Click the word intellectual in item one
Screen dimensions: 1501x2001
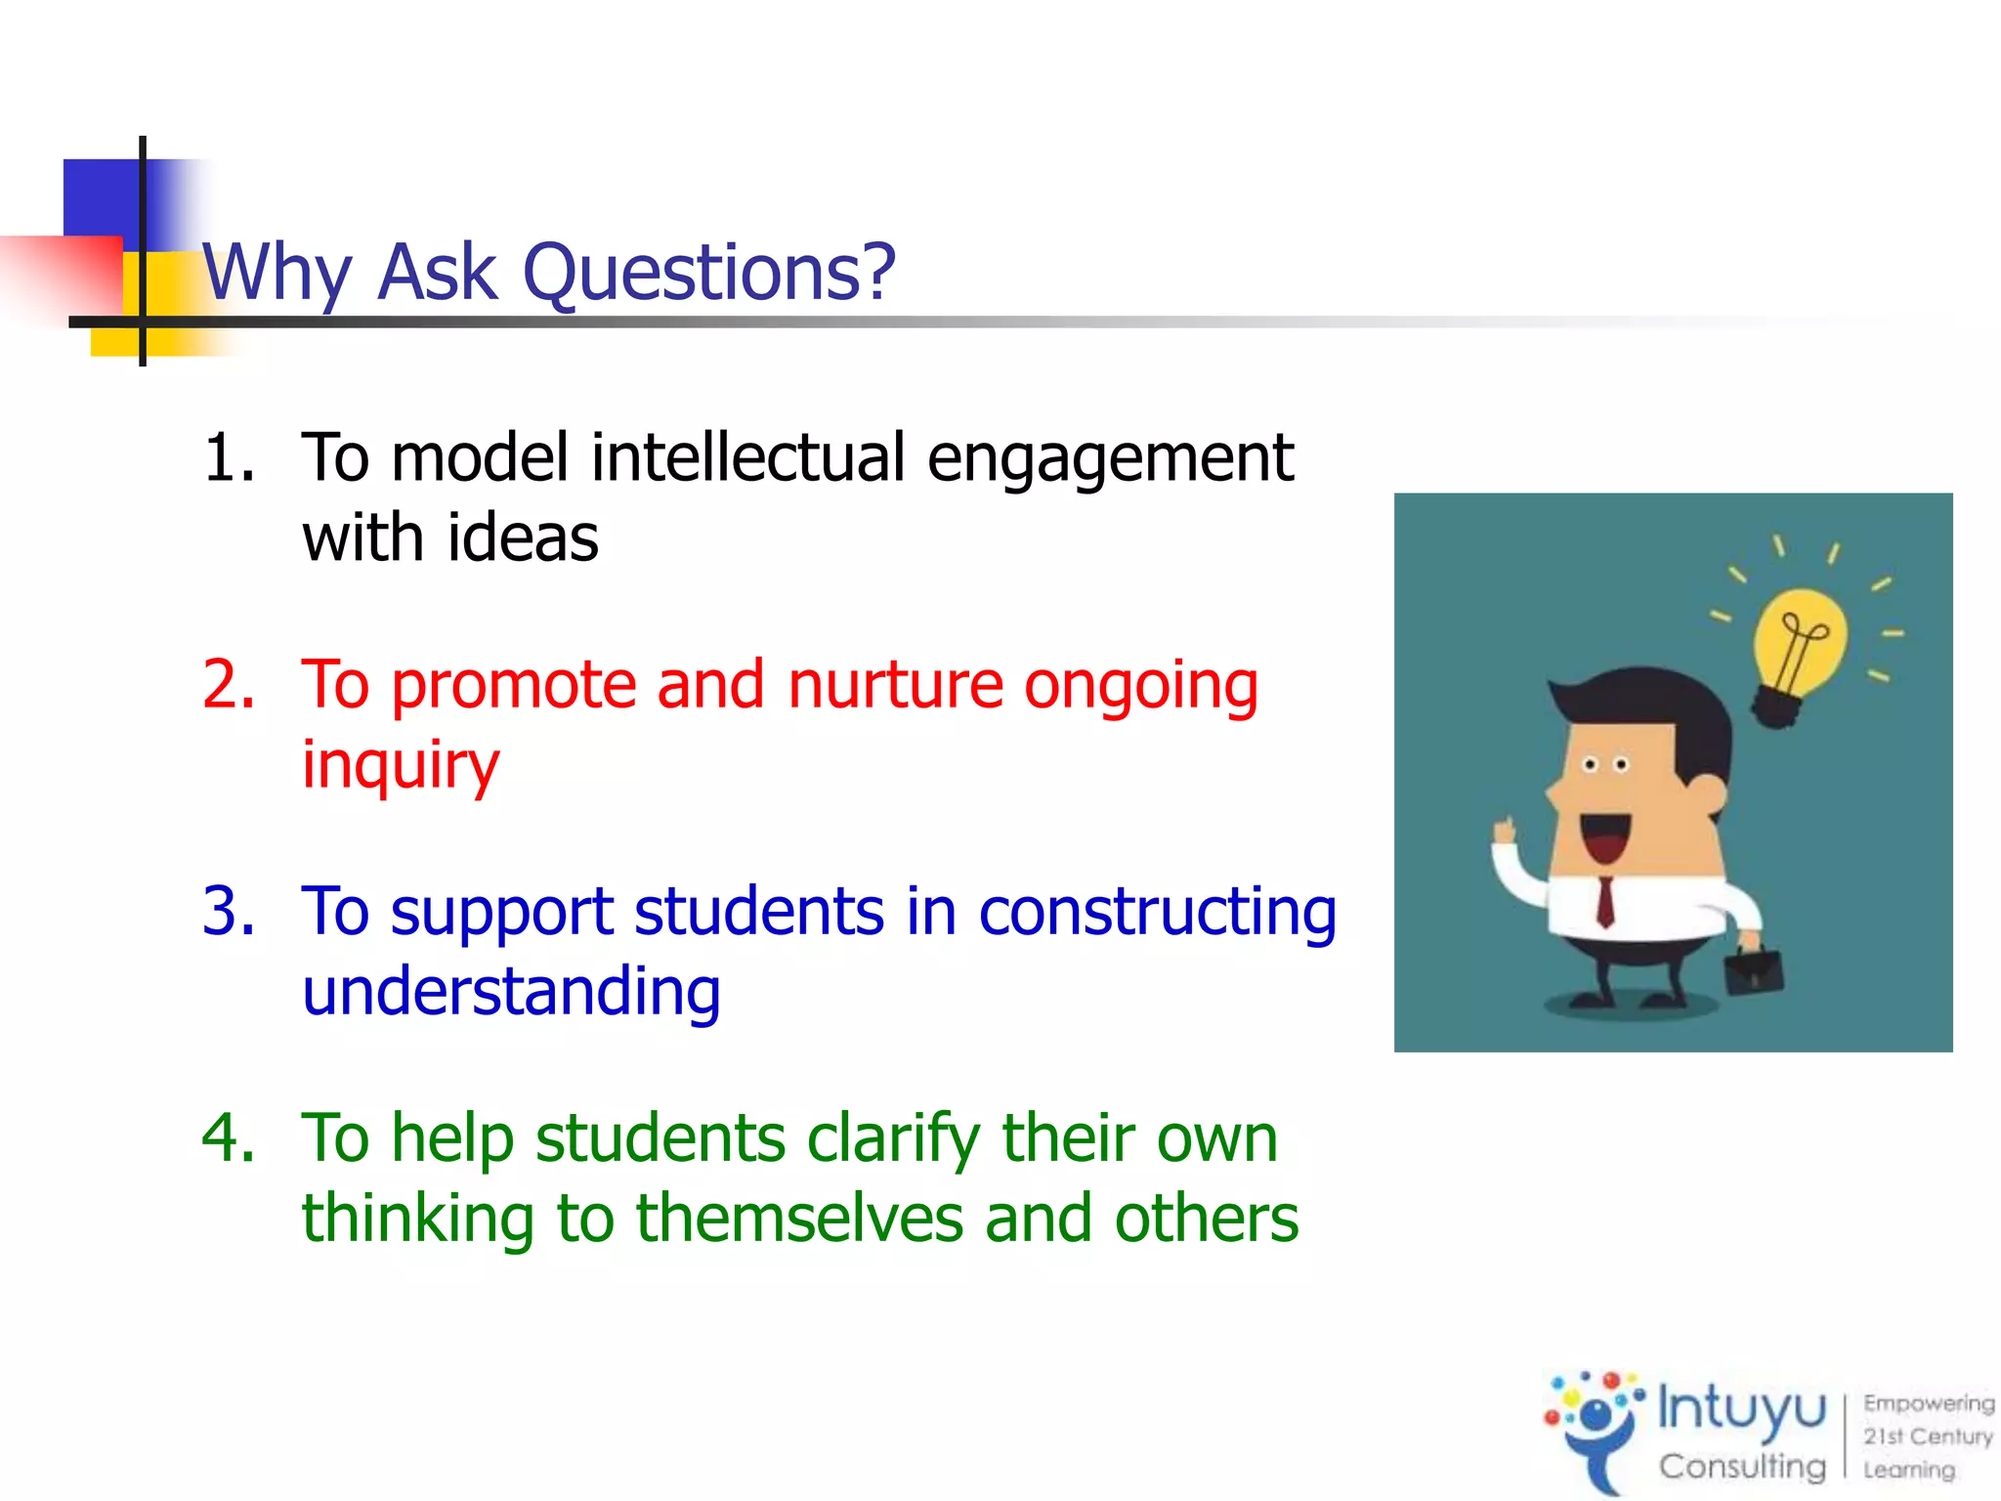tap(748, 457)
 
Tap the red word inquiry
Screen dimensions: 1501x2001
tap(401, 765)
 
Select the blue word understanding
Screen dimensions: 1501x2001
tap(511, 992)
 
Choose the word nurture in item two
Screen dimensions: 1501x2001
tap(895, 684)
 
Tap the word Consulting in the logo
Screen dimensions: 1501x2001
tap(1741, 1466)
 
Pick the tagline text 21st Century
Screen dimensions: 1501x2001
tap(1927, 1437)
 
